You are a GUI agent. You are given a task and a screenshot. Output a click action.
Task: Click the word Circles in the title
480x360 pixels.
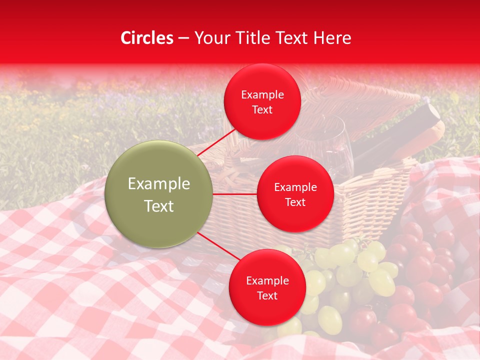pyautogui.click(x=147, y=38)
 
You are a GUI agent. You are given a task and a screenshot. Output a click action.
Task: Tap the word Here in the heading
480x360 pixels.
pyautogui.click(x=332, y=38)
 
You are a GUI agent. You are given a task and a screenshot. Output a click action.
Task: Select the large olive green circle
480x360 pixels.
pyautogui.click(x=158, y=194)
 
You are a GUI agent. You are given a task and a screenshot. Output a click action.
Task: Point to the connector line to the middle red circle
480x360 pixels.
pyautogui.click(x=234, y=194)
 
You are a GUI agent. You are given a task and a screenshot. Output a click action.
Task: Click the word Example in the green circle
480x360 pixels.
pyautogui.click(x=158, y=184)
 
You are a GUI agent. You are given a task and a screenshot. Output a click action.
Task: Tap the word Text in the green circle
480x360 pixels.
pyautogui.click(x=158, y=206)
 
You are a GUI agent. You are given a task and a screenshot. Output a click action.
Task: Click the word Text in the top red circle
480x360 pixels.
pyautogui.click(x=262, y=109)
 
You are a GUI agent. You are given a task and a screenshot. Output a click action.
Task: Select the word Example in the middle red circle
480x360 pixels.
pyautogui.click(x=295, y=187)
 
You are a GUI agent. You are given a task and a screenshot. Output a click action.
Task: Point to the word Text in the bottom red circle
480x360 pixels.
pyautogui.click(x=267, y=295)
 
